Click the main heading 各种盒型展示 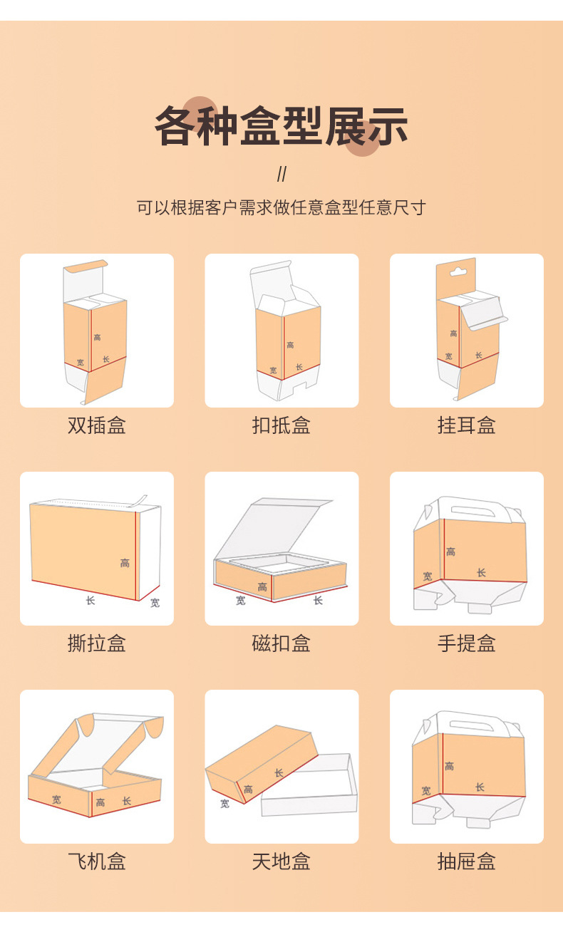click(x=281, y=127)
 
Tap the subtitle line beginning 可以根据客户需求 click(x=281, y=207)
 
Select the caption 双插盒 click(x=97, y=425)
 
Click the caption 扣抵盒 click(x=281, y=425)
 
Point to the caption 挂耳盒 click(x=466, y=425)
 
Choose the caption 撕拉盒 click(x=97, y=643)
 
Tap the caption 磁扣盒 click(x=281, y=643)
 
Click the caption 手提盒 click(x=466, y=643)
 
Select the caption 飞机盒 click(x=97, y=861)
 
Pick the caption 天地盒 click(x=281, y=861)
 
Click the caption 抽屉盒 click(x=466, y=861)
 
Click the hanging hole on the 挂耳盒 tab click(x=456, y=270)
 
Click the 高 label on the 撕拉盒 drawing click(x=125, y=564)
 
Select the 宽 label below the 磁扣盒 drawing click(x=241, y=601)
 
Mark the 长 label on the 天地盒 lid click(x=279, y=772)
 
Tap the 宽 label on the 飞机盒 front click(x=56, y=799)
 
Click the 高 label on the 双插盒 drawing click(x=97, y=337)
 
